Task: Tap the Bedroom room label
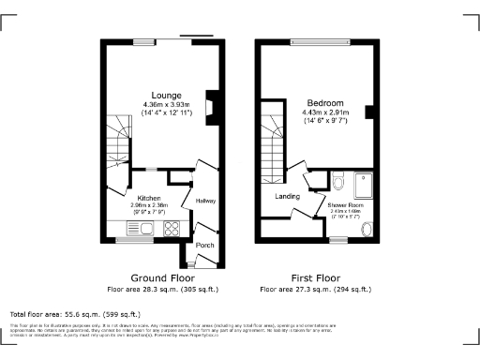point(324,102)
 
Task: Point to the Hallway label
point(205,201)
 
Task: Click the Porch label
point(205,246)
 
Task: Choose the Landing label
point(287,197)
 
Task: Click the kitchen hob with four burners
point(172,228)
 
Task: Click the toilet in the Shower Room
point(338,180)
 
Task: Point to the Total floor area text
point(75,314)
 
